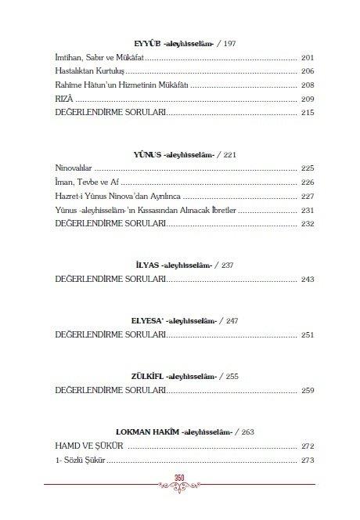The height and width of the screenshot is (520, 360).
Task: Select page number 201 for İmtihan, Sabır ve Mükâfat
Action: click(306, 59)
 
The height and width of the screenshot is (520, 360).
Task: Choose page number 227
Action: click(306, 197)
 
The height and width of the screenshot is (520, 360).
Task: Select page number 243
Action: click(306, 280)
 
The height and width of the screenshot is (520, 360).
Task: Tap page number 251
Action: click(306, 335)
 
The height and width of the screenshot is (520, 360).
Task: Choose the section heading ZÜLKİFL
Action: click(142, 377)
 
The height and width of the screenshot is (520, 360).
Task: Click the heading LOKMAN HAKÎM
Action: click(147, 432)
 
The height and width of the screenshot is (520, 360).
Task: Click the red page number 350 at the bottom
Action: click(179, 479)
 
